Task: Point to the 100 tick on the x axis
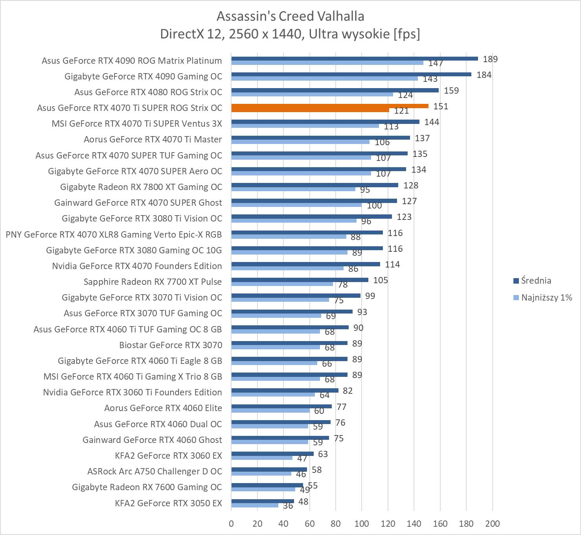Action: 362,524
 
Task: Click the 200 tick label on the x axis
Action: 492,524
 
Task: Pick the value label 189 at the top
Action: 490,59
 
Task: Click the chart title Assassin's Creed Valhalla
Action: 290,16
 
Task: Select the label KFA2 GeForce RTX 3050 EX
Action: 168,503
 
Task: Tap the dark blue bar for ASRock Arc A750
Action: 269,469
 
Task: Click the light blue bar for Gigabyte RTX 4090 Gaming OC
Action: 324,78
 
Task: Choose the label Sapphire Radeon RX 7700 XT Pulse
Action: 153,282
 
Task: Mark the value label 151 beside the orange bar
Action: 441,106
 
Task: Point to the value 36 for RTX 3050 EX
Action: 288,505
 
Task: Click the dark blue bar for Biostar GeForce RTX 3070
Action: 289,343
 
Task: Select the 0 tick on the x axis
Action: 231,524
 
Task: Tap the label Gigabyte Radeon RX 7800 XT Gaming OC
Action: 141,187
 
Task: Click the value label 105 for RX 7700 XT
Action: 381,280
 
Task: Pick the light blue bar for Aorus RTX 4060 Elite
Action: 270,410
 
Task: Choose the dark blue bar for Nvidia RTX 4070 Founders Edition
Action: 305,264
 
